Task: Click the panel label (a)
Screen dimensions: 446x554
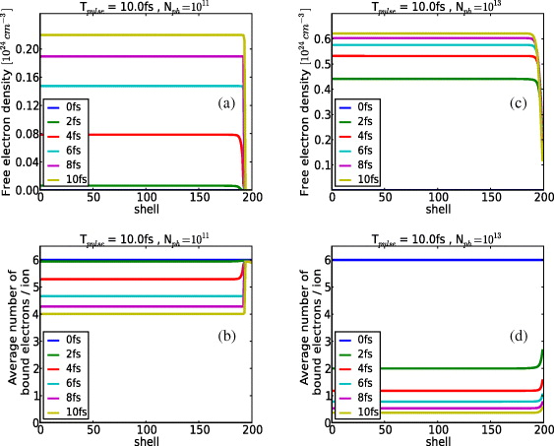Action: coord(229,101)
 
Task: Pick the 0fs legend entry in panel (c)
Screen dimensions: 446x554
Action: coord(366,105)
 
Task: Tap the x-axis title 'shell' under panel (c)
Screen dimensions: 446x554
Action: coord(438,209)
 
